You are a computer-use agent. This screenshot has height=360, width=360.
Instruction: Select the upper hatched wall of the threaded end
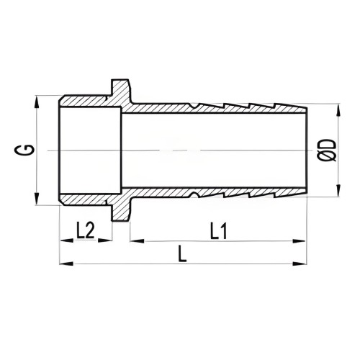point(86,102)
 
